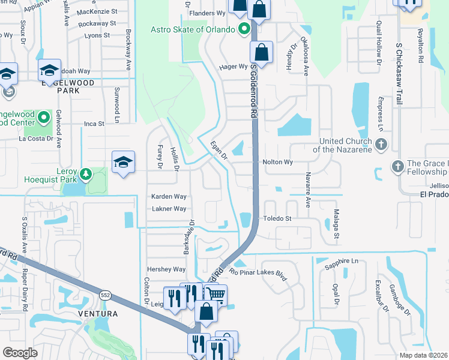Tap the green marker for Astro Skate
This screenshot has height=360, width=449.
(x=244, y=29)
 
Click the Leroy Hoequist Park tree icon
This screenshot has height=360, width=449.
(x=86, y=174)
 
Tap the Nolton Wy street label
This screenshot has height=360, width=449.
(x=277, y=162)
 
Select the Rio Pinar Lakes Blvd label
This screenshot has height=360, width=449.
(x=259, y=271)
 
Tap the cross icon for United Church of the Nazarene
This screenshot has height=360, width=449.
(x=381, y=144)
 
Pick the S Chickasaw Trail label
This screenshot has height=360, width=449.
(x=398, y=75)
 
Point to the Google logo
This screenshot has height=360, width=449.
(x=20, y=353)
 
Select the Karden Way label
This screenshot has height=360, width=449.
(x=169, y=196)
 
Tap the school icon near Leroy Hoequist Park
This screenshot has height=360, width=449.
(x=123, y=162)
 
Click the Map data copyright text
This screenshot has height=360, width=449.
(x=423, y=355)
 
